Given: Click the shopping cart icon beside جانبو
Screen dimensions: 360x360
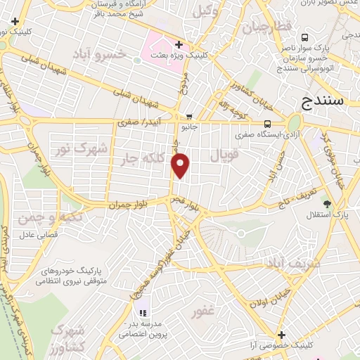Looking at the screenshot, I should [189, 117].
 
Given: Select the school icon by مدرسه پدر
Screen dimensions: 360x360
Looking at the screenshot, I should [142, 313].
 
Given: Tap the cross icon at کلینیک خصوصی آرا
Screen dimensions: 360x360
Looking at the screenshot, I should [282, 335].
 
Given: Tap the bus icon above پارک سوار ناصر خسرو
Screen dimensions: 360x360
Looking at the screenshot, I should [304, 37].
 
